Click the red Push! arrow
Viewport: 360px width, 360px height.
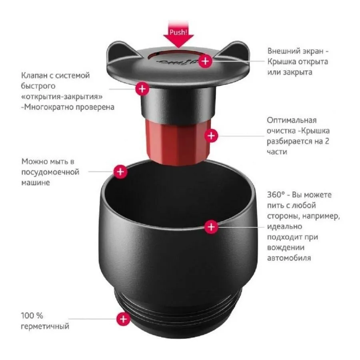pos(178,34)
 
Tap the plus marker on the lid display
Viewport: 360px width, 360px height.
pos(206,61)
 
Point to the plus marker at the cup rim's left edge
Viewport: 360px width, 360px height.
pos(120,172)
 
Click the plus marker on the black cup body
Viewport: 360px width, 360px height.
pos(211,227)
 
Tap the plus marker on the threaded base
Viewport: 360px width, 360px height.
pos(124,319)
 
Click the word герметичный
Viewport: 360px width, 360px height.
pos(45,326)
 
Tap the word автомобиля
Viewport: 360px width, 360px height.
pos(289,258)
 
